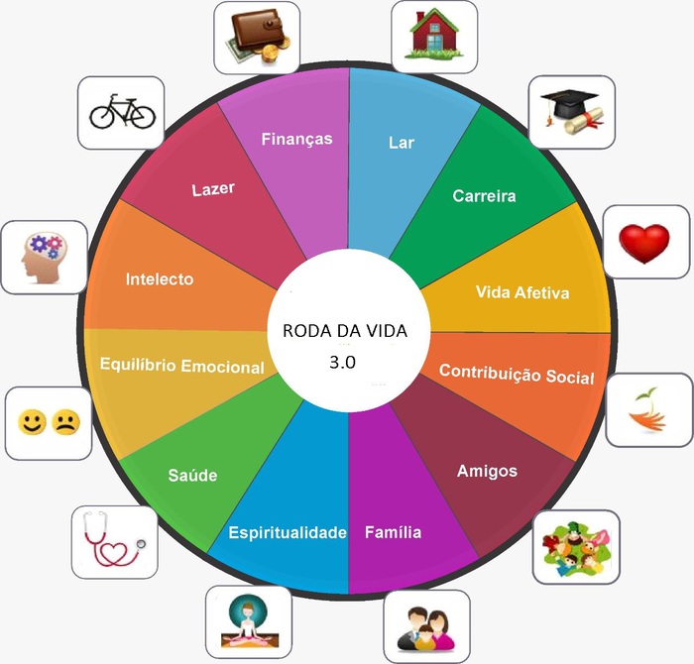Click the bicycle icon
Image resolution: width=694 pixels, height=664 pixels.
pos(122,111)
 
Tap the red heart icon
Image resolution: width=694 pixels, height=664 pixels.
pos(644,243)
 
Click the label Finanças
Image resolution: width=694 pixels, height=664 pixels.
pos(296,139)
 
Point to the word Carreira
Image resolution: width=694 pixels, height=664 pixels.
pos(484,195)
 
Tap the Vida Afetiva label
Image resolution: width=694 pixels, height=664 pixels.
pos(522,292)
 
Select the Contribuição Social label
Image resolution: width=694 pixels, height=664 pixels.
pos(517,375)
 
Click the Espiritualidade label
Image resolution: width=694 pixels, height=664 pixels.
pos(287,532)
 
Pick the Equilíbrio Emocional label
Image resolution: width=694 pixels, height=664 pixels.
pos(182,366)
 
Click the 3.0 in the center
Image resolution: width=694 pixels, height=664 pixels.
pos(347,362)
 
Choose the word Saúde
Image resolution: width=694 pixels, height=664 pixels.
pos(191,476)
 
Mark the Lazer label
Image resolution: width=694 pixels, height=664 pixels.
pos(213,187)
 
